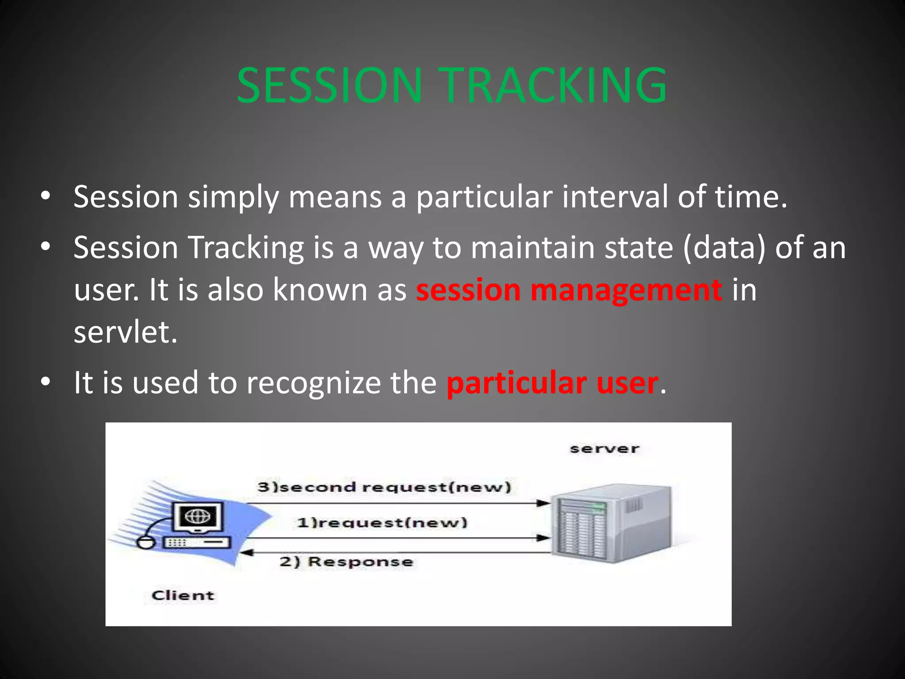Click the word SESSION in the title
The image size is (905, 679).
(329, 85)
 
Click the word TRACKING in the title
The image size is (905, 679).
(555, 85)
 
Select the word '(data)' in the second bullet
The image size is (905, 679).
(724, 248)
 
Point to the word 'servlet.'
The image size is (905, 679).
(125, 332)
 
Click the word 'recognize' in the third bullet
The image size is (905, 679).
(313, 383)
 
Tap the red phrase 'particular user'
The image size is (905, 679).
(552, 383)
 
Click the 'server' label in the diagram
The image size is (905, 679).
(604, 449)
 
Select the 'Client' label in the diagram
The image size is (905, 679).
(183, 595)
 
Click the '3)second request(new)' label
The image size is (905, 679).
(384, 487)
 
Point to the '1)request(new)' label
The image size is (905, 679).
(382, 523)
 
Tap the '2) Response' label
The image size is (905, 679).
(346, 562)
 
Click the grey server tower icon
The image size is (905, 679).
(612, 524)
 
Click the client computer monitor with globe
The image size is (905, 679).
(198, 517)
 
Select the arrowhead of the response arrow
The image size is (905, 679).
(246, 553)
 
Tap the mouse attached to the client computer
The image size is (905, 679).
(145, 542)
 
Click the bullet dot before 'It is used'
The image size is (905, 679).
(46, 382)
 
